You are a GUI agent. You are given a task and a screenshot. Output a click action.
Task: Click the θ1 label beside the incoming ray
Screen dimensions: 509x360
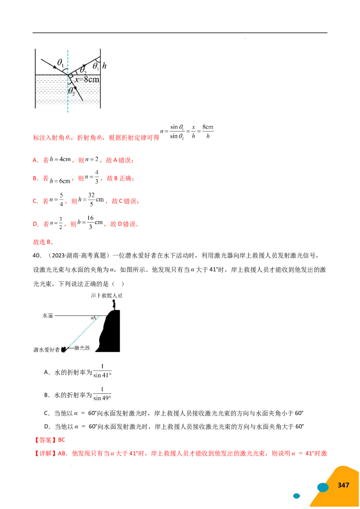[60, 63]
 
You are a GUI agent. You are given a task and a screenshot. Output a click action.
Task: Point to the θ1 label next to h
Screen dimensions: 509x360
[95, 66]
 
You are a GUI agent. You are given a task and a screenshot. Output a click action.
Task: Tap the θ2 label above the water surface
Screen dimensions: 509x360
[83, 70]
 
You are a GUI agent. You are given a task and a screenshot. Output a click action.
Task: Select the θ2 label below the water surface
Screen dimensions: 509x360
[72, 91]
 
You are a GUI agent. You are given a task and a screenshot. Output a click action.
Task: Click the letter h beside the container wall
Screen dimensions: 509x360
[104, 66]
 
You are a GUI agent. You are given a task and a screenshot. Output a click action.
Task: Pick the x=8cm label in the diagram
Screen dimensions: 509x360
[87, 80]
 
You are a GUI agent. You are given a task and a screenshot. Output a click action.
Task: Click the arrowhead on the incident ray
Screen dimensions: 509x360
[51, 65]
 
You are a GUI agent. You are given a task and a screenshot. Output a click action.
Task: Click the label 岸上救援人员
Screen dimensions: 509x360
[106, 296]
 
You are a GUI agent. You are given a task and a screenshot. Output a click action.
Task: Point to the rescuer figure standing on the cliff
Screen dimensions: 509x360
[114, 305]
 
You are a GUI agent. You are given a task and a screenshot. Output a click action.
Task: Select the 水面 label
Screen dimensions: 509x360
[48, 316]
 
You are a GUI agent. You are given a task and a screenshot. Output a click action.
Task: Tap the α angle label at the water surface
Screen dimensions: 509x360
[92, 318]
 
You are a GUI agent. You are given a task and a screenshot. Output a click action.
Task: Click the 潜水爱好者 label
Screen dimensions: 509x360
[46, 349]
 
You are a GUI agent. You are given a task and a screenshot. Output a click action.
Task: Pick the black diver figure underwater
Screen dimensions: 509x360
[64, 348]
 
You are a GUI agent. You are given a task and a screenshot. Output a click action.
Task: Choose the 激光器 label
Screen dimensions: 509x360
[82, 348]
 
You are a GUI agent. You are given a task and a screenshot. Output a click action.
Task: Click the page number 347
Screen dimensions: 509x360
[343, 485]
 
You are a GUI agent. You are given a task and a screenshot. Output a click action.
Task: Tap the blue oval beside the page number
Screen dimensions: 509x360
[323, 487]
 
